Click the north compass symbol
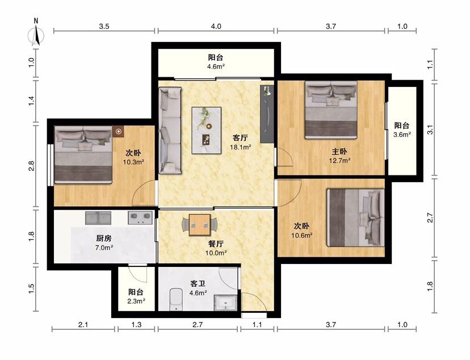36,33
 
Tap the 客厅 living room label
240,138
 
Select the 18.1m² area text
241,147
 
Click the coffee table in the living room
207,131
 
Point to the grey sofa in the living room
170,131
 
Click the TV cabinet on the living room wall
267,114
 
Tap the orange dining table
200,225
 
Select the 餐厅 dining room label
216,244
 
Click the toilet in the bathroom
176,299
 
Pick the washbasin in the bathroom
226,303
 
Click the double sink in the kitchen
98,218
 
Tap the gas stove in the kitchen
140,217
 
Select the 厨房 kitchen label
104,238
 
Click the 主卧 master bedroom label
339,152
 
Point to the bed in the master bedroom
331,110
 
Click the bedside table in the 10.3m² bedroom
119,131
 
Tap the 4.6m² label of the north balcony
216,66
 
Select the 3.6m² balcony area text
402,135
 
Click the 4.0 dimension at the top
216,26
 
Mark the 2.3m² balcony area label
136,302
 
